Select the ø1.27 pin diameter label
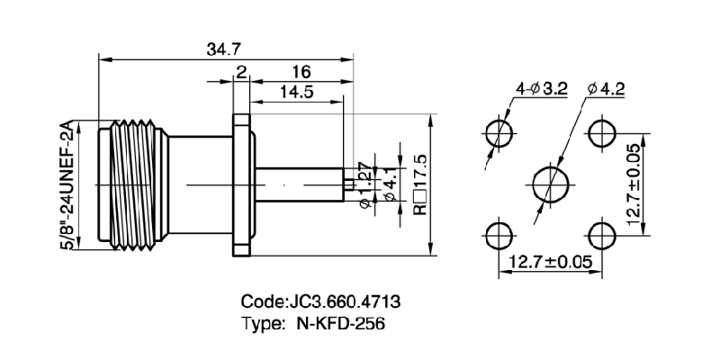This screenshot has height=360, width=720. [x=365, y=185]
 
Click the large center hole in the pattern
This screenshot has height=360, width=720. [x=551, y=184]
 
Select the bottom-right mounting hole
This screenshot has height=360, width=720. [x=601, y=236]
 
